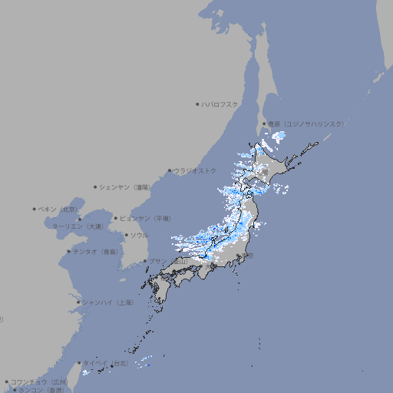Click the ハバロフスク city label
pos(220,104)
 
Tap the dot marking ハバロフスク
pos(197,104)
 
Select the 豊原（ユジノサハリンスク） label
pos(306,124)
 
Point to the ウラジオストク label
pos(195,170)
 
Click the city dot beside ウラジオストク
pos(170,171)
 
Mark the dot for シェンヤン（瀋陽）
pos(96,187)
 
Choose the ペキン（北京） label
pos(59,209)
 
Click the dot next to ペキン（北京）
pos(35,209)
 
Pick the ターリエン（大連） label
pos(78,226)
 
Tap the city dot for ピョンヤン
pos(117,218)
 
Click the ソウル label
pos(139,235)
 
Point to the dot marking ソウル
pos(126,235)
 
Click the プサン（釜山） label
pos(168,261)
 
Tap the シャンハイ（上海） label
pos(107,302)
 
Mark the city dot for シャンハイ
pos(78,302)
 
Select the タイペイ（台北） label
pos(107,362)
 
